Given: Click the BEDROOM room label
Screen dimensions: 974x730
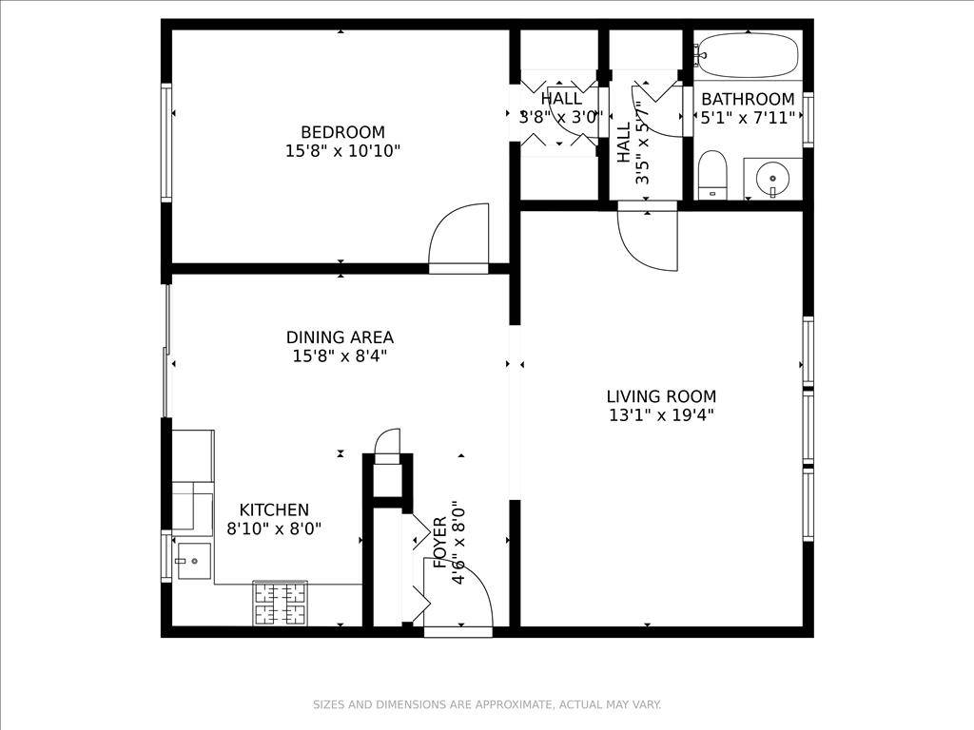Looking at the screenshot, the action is coord(342,132).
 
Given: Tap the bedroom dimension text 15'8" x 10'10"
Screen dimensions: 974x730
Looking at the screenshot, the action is coord(342,151).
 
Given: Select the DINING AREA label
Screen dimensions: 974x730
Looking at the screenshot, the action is coord(340,337).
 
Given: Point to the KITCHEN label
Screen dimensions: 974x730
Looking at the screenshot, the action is coord(274,510).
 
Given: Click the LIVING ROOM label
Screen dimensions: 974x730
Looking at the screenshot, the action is coord(662,396).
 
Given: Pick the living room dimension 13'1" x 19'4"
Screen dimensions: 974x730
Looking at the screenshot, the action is coord(662,415).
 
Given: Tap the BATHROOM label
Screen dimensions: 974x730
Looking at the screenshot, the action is coord(748,99).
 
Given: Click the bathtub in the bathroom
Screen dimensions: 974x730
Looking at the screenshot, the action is coord(748,55).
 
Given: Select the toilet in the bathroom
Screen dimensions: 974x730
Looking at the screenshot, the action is coord(712,175).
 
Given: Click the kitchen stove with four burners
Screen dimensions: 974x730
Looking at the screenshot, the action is coord(281,604).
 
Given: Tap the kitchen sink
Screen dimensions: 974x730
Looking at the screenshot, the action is coord(194,561).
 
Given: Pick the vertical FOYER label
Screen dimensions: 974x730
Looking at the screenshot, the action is coord(439,543).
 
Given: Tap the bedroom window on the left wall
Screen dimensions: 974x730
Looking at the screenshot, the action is coord(166,143).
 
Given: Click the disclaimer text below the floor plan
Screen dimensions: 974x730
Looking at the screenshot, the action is coord(487,704).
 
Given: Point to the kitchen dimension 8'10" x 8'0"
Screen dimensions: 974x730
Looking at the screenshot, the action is coord(274,528).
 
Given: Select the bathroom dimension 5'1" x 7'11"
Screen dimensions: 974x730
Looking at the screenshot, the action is coord(748,118).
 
